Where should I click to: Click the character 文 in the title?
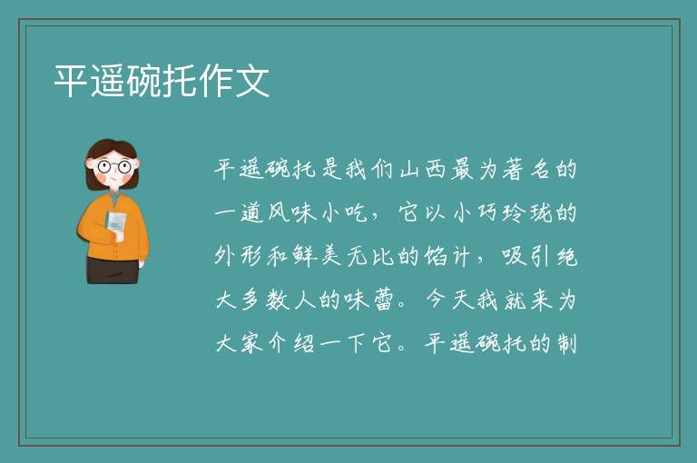(x=252, y=81)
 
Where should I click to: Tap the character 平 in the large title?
(x=71, y=81)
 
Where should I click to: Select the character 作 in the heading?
(x=216, y=81)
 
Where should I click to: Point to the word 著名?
(x=526, y=170)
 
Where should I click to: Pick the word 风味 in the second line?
(x=292, y=212)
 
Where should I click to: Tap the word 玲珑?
(x=527, y=212)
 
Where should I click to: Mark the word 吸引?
(x=527, y=256)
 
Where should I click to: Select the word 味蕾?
(x=368, y=300)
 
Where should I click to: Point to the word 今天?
(x=449, y=300)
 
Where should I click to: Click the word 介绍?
(x=292, y=343)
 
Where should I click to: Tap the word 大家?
(x=240, y=343)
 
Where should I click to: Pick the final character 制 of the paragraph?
(x=566, y=343)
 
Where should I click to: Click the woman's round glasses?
(x=113, y=167)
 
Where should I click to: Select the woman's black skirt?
(x=113, y=270)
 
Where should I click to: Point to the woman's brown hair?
(x=112, y=148)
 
